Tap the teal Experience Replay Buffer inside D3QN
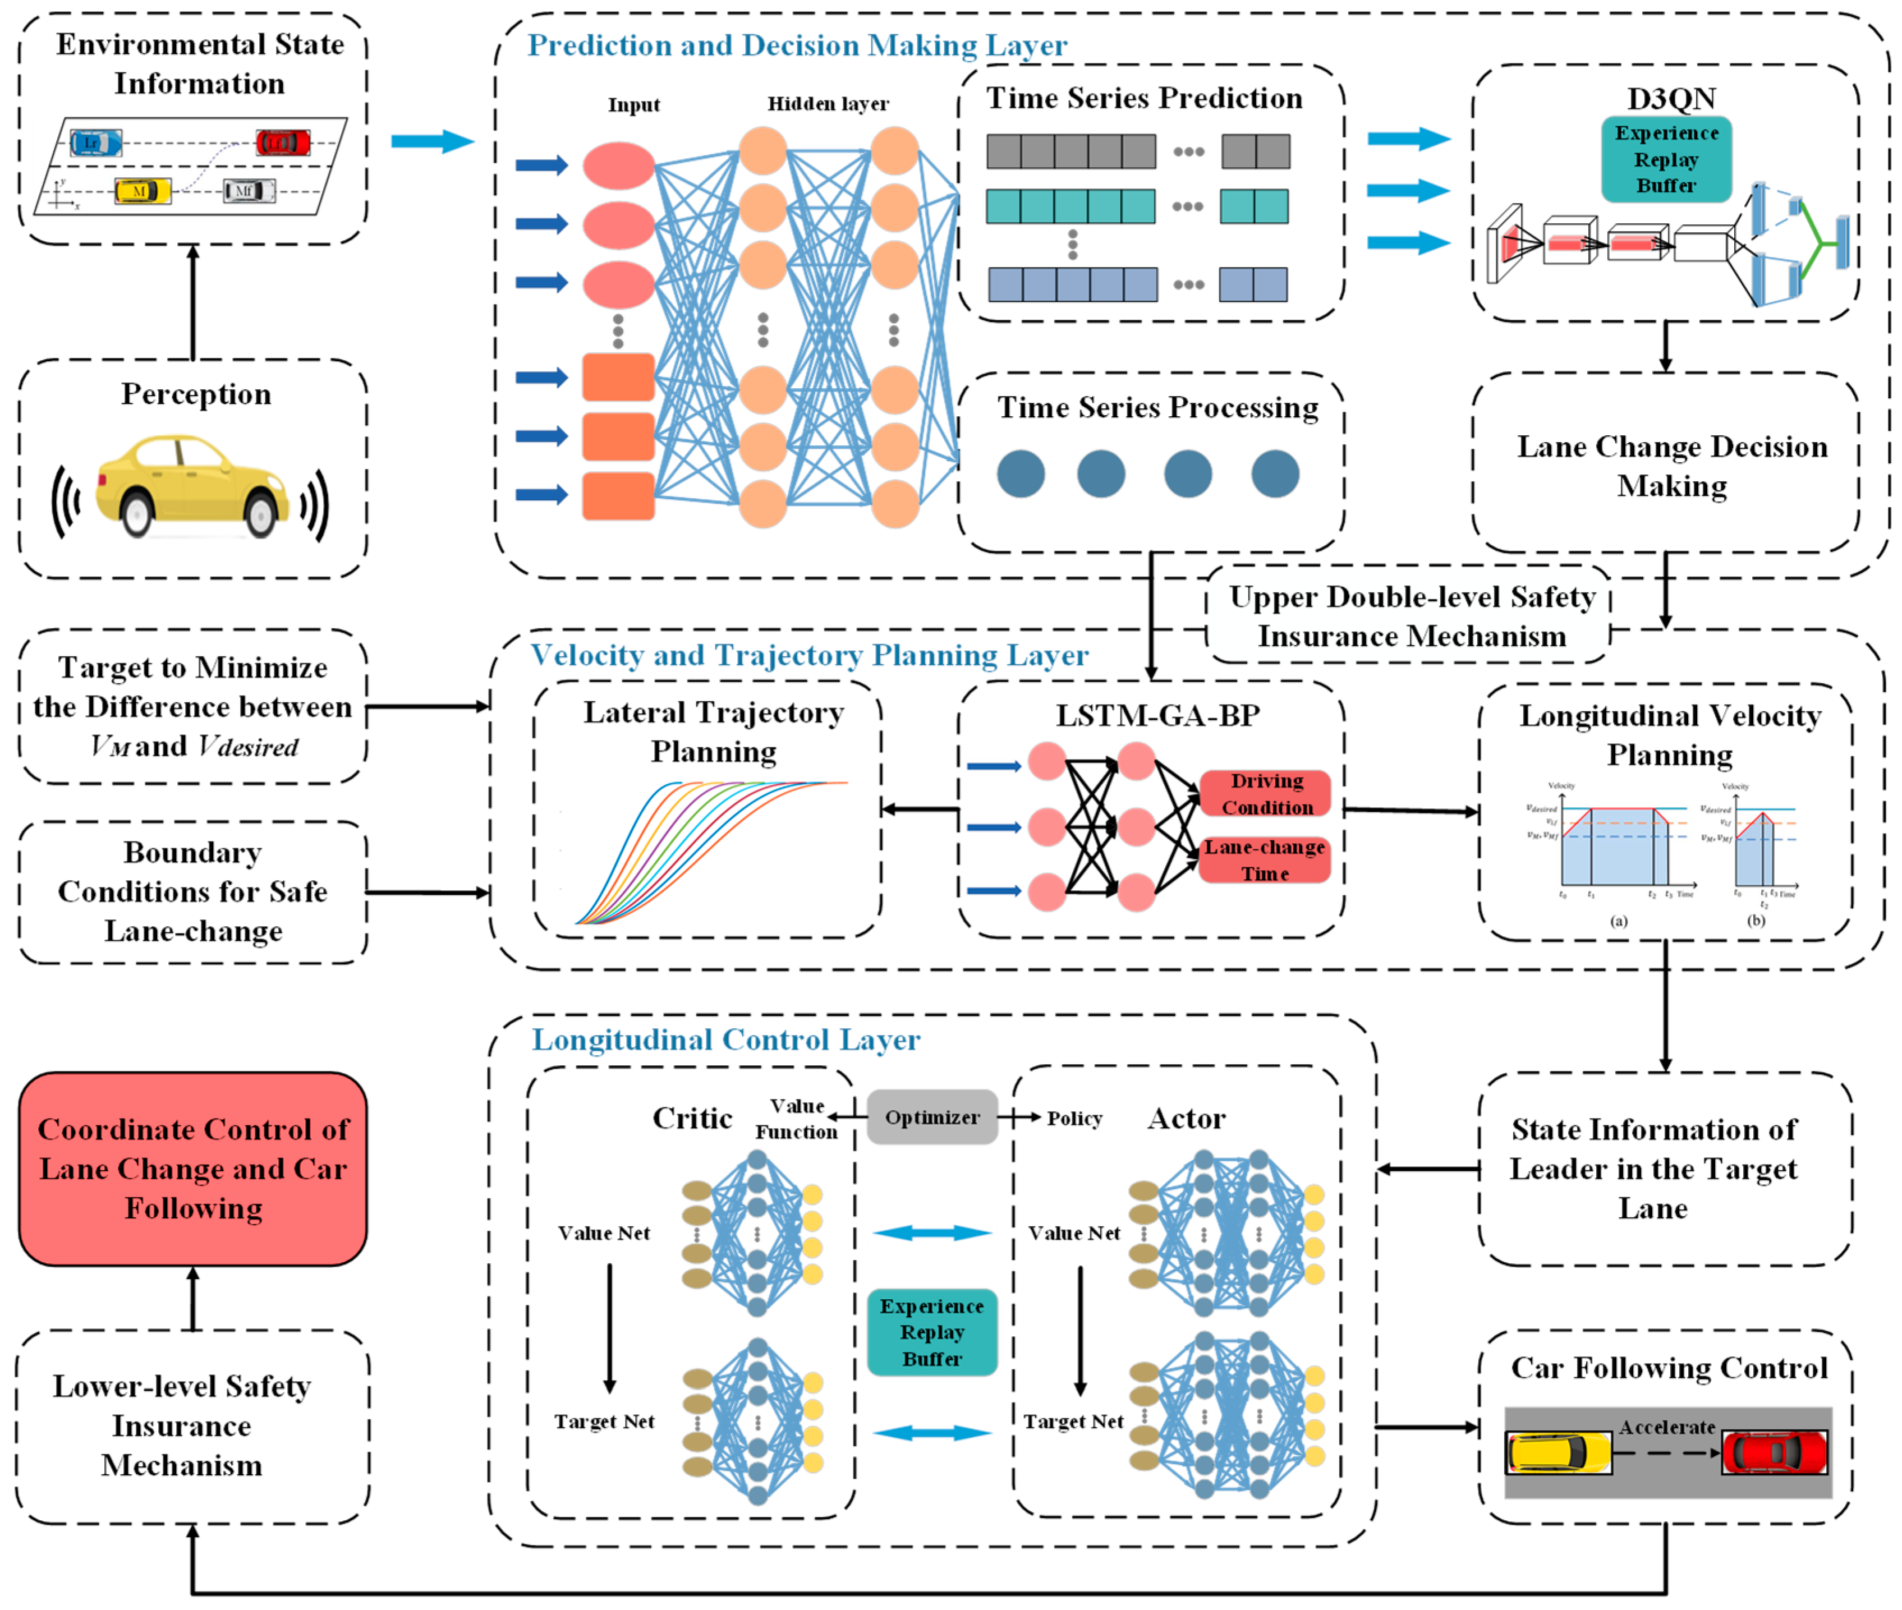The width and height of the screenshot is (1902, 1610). click(1666, 159)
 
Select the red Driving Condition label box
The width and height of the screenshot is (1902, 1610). click(1266, 793)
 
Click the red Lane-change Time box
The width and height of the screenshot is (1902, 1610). click(1264, 860)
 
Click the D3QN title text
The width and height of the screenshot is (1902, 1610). click(1670, 98)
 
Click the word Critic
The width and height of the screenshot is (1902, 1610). click(692, 1118)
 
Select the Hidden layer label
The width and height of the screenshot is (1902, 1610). click(827, 104)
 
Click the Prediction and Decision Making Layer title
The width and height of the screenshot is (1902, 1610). click(797, 45)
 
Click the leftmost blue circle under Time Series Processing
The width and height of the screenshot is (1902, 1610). click(1021, 473)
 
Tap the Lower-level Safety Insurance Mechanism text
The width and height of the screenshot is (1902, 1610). click(182, 1425)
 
